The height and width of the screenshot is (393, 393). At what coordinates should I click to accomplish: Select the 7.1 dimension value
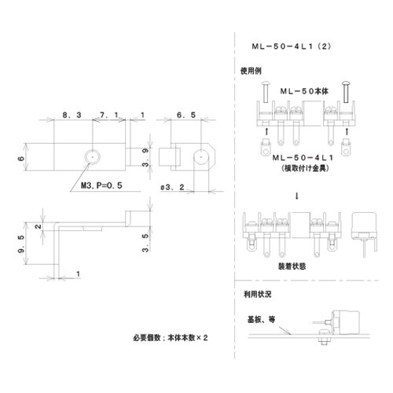(108, 116)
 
